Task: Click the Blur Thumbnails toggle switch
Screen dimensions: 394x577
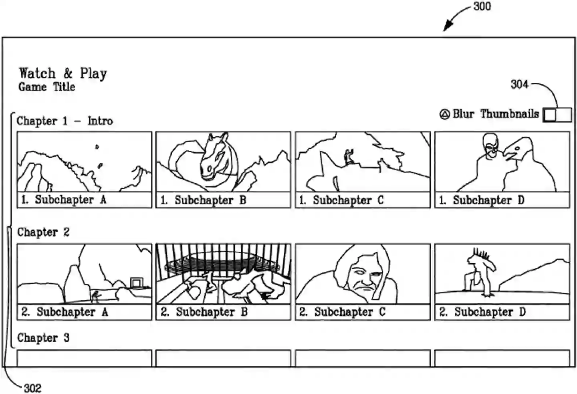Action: coord(557,115)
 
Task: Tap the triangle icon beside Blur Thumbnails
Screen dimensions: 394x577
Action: coord(445,115)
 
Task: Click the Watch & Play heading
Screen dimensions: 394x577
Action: coord(63,73)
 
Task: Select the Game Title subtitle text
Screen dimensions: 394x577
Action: coord(47,87)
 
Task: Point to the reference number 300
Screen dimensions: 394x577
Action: coord(482,6)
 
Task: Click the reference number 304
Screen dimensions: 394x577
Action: coord(519,84)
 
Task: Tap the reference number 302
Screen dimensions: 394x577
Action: coord(32,388)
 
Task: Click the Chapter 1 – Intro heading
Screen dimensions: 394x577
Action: coord(65,121)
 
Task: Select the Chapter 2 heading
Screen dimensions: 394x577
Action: coord(43,232)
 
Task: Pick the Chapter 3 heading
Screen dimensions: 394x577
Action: coord(43,338)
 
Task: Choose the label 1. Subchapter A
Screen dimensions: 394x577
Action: coord(64,200)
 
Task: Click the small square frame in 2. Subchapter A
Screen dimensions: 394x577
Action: coord(136,283)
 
